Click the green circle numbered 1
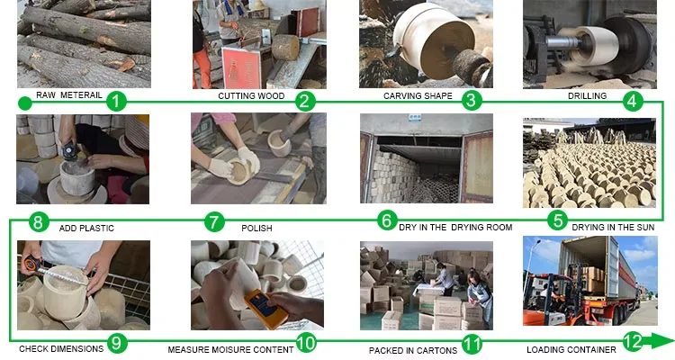pyautogui.click(x=116, y=102)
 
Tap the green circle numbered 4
pyautogui.click(x=633, y=101)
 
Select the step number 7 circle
pyautogui.click(x=214, y=221)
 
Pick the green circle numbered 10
pyautogui.click(x=306, y=343)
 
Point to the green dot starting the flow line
pyautogui.click(x=25, y=103)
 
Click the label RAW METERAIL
pyautogui.click(x=69, y=95)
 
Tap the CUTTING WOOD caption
pyautogui.click(x=251, y=96)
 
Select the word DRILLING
pyautogui.click(x=587, y=96)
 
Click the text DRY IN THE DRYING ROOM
pyautogui.click(x=455, y=228)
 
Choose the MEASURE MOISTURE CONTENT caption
pyautogui.click(x=230, y=350)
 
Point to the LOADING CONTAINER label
pyautogui.click(x=571, y=350)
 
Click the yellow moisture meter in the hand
pyautogui.click(x=265, y=309)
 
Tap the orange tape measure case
pyautogui.click(x=31, y=263)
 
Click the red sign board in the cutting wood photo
pyautogui.click(x=241, y=68)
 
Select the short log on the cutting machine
pyautogui.click(x=285, y=47)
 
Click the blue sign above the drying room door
pyautogui.click(x=414, y=118)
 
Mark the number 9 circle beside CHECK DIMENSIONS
pyautogui.click(x=117, y=343)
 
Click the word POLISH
pyautogui.click(x=256, y=229)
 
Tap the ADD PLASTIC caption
pyautogui.click(x=86, y=229)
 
